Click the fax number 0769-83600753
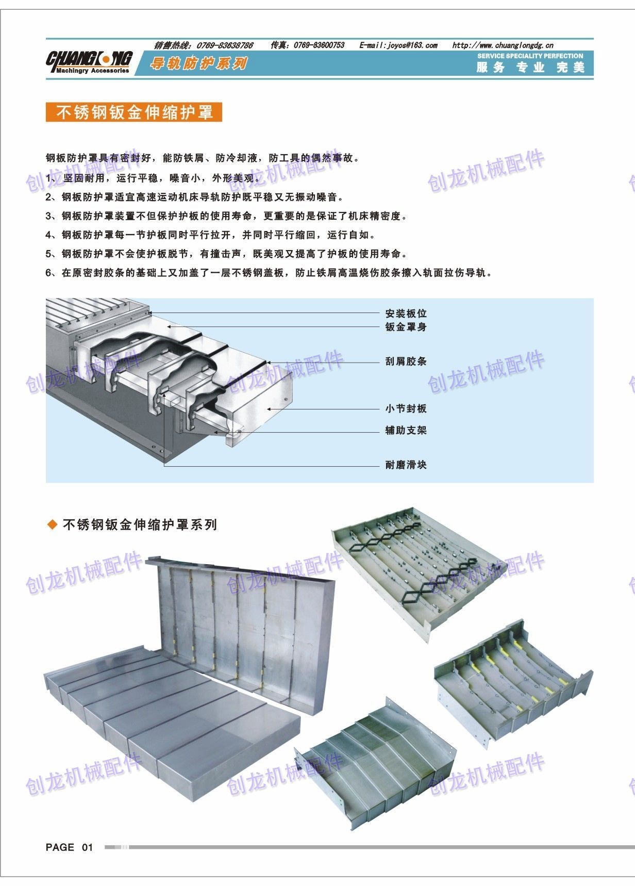coord(319,45)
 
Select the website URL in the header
coord(503,45)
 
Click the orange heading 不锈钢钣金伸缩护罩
coord(134,112)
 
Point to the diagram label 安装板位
coord(406,314)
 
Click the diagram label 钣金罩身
coord(406,327)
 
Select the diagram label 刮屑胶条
coord(406,362)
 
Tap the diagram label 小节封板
coord(406,409)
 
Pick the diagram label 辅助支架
coord(406,431)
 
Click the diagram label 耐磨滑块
coord(406,465)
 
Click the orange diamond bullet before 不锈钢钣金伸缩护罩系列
coord(52,525)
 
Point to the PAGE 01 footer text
coord(70,847)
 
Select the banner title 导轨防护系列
coord(199,64)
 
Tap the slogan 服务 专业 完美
coord(530,68)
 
